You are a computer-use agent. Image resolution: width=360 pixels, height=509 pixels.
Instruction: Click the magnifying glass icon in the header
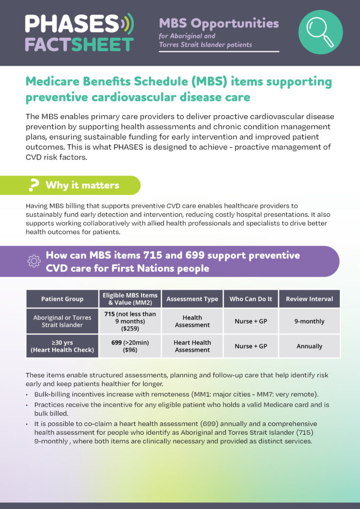[x=320, y=32]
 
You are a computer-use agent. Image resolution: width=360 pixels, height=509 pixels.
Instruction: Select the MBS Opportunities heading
[x=219, y=23]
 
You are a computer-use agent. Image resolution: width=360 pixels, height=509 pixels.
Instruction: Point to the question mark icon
[x=34, y=185]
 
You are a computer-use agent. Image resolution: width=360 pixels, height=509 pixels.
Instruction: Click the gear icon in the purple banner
[x=34, y=261]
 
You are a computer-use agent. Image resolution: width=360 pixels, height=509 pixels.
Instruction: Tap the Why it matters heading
[x=82, y=185]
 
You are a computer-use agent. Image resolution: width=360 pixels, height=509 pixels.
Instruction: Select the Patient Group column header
[x=63, y=299]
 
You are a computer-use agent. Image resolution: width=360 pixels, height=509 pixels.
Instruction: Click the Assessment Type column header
[x=192, y=299]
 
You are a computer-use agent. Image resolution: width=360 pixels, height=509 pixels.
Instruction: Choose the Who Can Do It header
[x=251, y=299]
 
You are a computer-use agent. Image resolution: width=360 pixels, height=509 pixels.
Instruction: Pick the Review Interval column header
[x=309, y=299]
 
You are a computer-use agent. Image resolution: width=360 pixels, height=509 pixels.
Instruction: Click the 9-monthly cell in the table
[x=309, y=321]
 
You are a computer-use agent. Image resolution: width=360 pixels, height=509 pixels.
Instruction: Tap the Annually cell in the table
[x=309, y=346]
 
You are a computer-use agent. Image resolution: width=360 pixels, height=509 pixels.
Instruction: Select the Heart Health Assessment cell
[x=192, y=346]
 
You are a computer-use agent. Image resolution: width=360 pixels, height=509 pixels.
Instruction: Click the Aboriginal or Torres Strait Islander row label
[x=63, y=321]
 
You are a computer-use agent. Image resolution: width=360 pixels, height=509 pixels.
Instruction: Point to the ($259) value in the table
[x=130, y=329]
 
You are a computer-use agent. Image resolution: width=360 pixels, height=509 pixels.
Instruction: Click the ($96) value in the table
[x=130, y=350]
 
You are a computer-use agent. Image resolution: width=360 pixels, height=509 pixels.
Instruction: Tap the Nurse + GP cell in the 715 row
[x=251, y=321]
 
